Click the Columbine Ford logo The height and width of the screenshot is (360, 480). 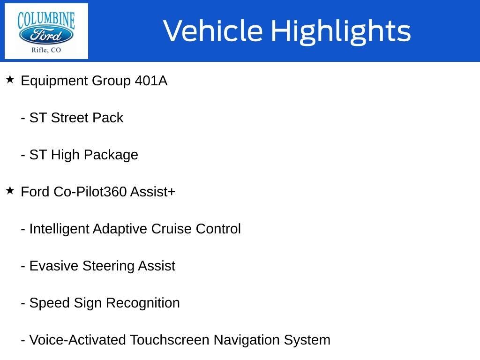[46, 31]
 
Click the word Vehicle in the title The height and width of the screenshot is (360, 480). [213, 31]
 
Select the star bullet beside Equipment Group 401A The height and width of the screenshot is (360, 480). [10, 80]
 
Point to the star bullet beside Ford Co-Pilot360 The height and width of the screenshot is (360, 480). [10, 191]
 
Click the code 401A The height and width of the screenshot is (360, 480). [151, 81]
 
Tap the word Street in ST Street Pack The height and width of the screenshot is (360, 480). [69, 118]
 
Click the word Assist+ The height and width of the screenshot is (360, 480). [153, 192]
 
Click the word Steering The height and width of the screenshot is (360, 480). [108, 266]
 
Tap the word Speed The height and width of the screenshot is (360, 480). [50, 303]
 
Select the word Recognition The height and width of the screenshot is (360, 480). [143, 303]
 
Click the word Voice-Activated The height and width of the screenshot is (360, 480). [78, 340]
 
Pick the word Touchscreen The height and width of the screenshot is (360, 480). [170, 340]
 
